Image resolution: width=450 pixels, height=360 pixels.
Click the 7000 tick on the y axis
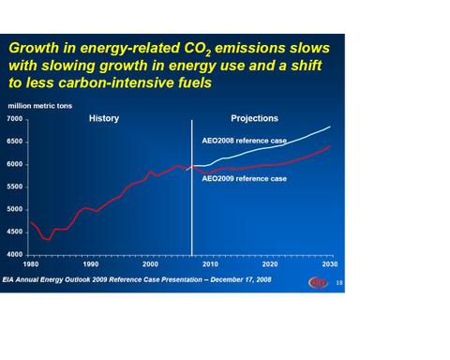pos(15,119)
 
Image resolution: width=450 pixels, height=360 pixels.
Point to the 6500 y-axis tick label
pos(15,142)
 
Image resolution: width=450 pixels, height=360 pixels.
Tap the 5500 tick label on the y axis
pos(15,187)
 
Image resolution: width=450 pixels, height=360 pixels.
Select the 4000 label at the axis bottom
pos(15,254)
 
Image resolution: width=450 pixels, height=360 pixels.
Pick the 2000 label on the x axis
pos(152,263)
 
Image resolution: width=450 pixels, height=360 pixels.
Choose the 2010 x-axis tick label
pos(210,263)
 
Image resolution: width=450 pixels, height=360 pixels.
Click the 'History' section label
pos(103,119)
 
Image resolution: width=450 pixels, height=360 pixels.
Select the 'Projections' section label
pos(255,119)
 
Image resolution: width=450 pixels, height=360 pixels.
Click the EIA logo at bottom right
pos(317,281)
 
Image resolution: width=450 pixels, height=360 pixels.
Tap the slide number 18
pos(338,282)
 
